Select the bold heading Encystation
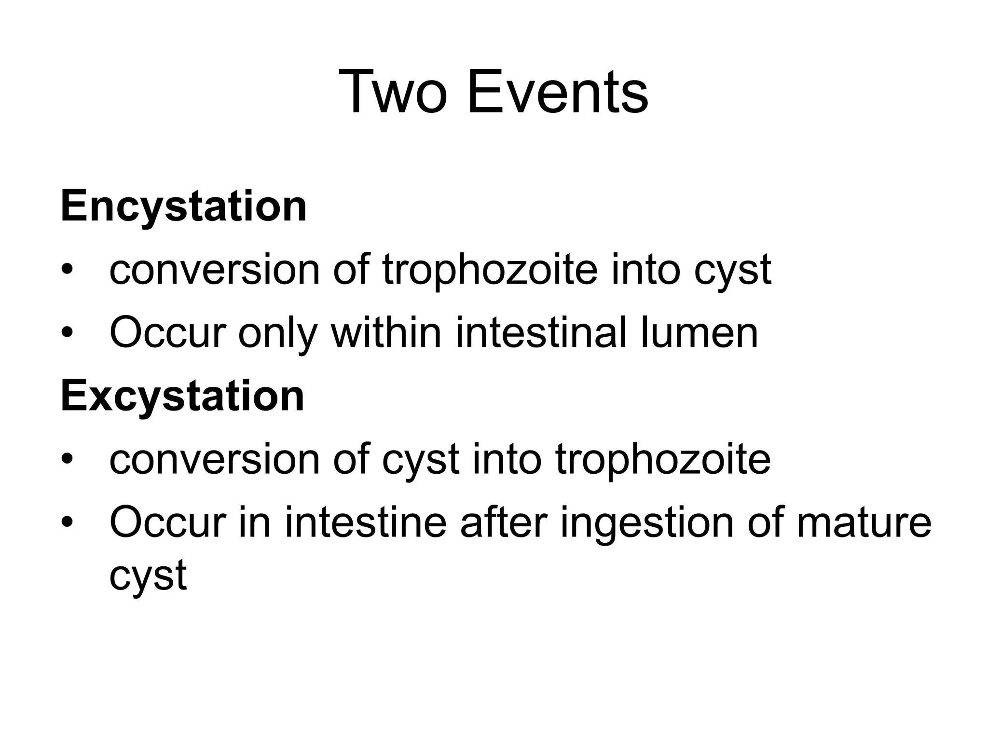click(183, 206)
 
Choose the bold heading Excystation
click(182, 397)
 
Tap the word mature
click(864, 522)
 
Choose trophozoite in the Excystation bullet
click(663, 460)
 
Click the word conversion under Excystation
click(215, 460)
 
